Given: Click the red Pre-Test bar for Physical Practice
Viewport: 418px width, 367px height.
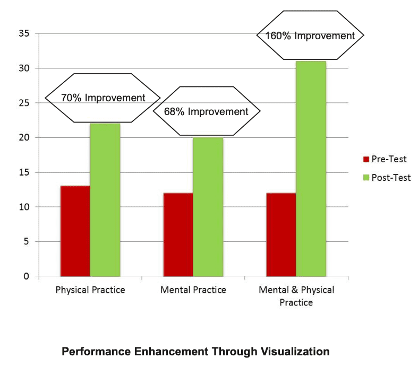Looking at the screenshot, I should click(x=75, y=231).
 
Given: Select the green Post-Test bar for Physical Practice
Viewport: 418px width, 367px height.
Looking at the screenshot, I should click(x=105, y=200).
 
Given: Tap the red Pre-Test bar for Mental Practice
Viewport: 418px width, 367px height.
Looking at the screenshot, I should click(x=178, y=234).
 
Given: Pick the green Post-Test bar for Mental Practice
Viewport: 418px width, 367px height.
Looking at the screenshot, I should click(x=208, y=207).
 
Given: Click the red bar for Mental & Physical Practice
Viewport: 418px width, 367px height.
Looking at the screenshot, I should click(x=281, y=234).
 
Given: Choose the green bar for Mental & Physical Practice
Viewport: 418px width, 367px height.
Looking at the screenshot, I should click(x=311, y=169).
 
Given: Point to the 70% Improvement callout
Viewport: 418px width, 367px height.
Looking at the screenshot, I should click(x=103, y=98).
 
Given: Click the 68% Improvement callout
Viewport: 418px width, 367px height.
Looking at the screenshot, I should click(x=207, y=111).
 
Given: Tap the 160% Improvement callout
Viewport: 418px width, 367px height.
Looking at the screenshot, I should click(x=310, y=36).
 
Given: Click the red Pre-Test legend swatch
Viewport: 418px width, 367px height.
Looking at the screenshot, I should click(x=365, y=159).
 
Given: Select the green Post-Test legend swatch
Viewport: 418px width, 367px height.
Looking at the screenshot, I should click(x=365, y=178).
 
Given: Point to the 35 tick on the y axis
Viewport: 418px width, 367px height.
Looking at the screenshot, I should click(x=24, y=34).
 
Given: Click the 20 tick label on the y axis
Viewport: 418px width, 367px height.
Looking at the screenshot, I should click(x=24, y=138).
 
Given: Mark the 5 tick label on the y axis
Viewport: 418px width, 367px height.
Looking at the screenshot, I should click(x=26, y=242).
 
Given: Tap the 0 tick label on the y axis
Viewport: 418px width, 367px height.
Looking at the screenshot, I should click(x=26, y=276).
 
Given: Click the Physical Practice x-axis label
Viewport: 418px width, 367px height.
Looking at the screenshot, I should click(x=90, y=290).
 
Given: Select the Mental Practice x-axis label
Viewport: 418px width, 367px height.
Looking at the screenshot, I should click(x=193, y=290).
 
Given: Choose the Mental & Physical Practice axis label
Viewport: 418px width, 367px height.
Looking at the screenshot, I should click(x=296, y=296).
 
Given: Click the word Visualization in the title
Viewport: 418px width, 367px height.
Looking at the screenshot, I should click(x=288, y=352).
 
